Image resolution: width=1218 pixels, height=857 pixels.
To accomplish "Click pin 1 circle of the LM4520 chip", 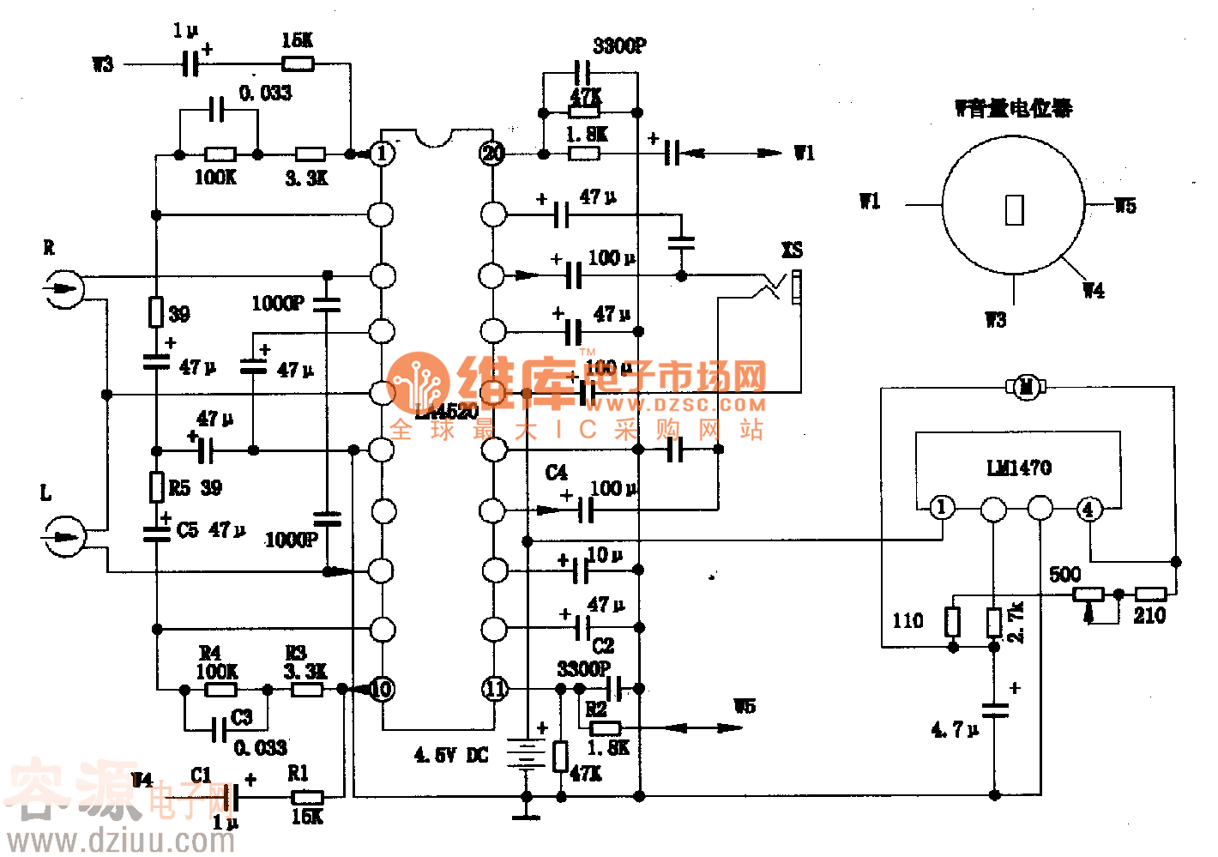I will (382, 154).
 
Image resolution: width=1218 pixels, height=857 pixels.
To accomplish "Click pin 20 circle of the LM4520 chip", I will (492, 154).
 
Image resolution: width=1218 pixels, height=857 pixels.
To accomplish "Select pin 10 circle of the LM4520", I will (382, 688).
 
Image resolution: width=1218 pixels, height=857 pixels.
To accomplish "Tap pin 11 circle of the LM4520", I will (495, 688).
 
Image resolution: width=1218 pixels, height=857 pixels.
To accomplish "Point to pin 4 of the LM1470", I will (1088, 509).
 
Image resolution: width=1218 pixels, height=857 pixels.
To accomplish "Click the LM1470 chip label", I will (1018, 468).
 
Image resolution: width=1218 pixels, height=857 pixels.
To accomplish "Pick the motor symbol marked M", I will (1025, 388).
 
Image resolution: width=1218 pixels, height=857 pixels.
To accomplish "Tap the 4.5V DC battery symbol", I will (525, 755).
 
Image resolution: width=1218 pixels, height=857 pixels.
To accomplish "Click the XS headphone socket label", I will (792, 250).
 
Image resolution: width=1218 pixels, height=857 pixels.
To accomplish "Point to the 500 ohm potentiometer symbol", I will (1088, 594).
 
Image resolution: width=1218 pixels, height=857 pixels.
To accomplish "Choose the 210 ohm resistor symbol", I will (1150, 594).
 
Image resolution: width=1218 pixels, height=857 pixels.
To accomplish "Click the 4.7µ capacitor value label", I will (954, 730).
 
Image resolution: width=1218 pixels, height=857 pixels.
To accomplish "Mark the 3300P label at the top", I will (619, 46).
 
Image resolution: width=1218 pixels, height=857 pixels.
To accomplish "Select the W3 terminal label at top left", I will (103, 64).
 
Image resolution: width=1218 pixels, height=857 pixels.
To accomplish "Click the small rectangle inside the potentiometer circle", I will (1014, 210).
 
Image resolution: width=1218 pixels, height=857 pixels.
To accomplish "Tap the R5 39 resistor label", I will (195, 488).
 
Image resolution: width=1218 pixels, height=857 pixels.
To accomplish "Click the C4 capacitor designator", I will (556, 473).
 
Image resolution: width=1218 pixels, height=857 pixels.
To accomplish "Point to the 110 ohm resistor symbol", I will (952, 622).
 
